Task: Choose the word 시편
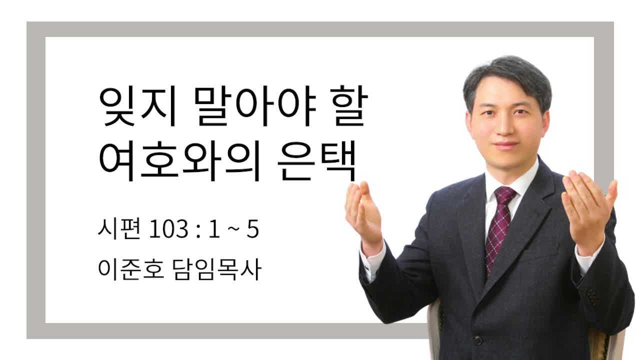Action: coord(119,229)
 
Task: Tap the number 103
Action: coord(168,229)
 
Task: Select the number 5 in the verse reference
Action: coord(253,229)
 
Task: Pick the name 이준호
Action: coord(131,269)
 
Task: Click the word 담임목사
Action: coord(217,269)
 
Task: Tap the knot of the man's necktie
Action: coord(504,194)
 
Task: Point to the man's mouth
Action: coord(505,145)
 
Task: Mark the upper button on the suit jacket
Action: coord(478,340)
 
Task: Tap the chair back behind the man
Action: coord(435,328)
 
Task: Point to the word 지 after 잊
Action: coord(158,106)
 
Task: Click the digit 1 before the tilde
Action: coord(214,229)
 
